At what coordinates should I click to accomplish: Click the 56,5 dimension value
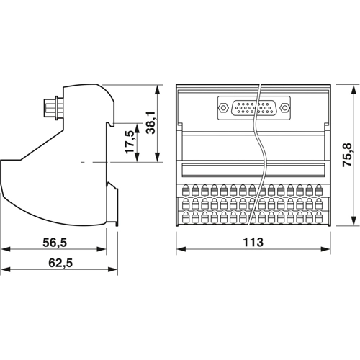click(53, 243)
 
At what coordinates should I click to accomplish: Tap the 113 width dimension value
click(253, 243)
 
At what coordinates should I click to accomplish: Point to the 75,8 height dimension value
click(347, 154)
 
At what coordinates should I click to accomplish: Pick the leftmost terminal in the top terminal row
click(186, 191)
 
